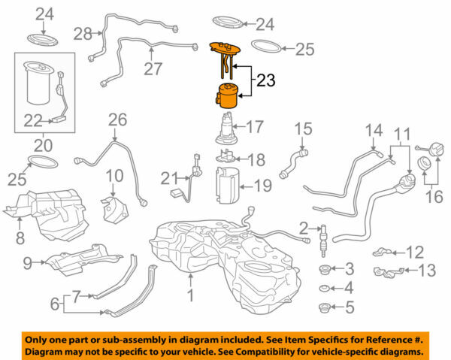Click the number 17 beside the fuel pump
click(256, 126)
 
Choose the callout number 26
click(117, 119)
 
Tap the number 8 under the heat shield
click(20, 238)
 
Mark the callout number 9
click(27, 262)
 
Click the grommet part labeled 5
click(325, 306)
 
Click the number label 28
click(82, 33)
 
